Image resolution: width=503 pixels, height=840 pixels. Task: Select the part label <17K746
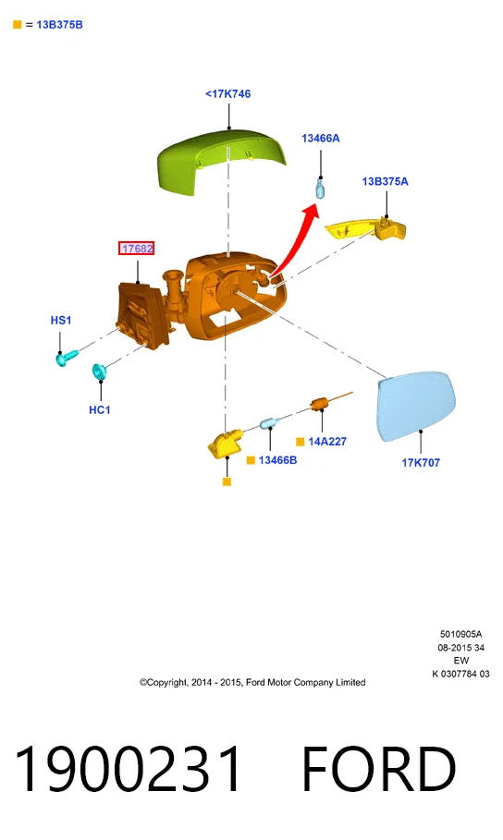[x=227, y=93]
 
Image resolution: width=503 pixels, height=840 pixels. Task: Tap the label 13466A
[x=321, y=139]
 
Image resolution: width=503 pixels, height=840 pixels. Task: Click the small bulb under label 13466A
[x=320, y=189]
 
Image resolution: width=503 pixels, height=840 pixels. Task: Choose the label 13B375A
[x=385, y=182]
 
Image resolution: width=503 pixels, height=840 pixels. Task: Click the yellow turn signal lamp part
[x=366, y=228]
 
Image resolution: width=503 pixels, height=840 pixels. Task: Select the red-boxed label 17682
[x=137, y=249]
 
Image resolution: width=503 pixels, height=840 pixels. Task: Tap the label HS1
[x=61, y=321]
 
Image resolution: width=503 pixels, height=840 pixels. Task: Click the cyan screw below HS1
[x=67, y=358]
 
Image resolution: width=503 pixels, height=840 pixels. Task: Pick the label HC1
[x=100, y=409]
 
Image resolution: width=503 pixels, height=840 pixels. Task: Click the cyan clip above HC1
[x=99, y=371]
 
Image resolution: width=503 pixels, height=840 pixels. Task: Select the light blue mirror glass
[x=416, y=406]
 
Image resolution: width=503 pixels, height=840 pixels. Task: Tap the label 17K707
[x=421, y=463]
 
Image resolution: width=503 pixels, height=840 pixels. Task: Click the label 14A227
[x=327, y=442]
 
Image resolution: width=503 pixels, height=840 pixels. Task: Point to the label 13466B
[x=277, y=460]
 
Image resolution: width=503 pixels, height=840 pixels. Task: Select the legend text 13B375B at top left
[x=59, y=25]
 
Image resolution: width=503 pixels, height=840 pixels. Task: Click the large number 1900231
[x=128, y=768]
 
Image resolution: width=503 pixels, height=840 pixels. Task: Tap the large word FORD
[x=378, y=768]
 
